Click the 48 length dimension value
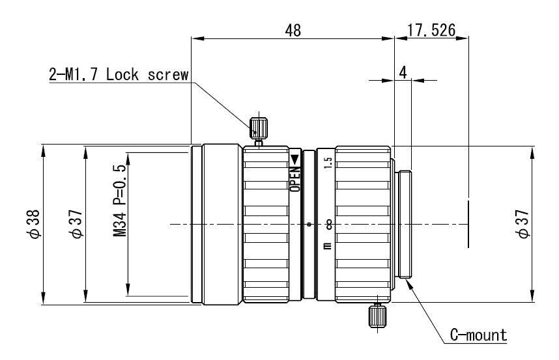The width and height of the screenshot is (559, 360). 293,31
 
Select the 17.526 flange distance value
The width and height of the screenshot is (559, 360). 431,31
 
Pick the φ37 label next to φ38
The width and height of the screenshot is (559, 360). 76,224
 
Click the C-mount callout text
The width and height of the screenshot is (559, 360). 478,335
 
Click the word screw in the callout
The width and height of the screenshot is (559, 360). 169,74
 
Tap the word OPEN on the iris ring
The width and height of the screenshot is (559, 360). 294,178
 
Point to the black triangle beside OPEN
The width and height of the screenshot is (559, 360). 294,159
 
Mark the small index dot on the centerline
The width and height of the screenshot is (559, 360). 309,225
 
